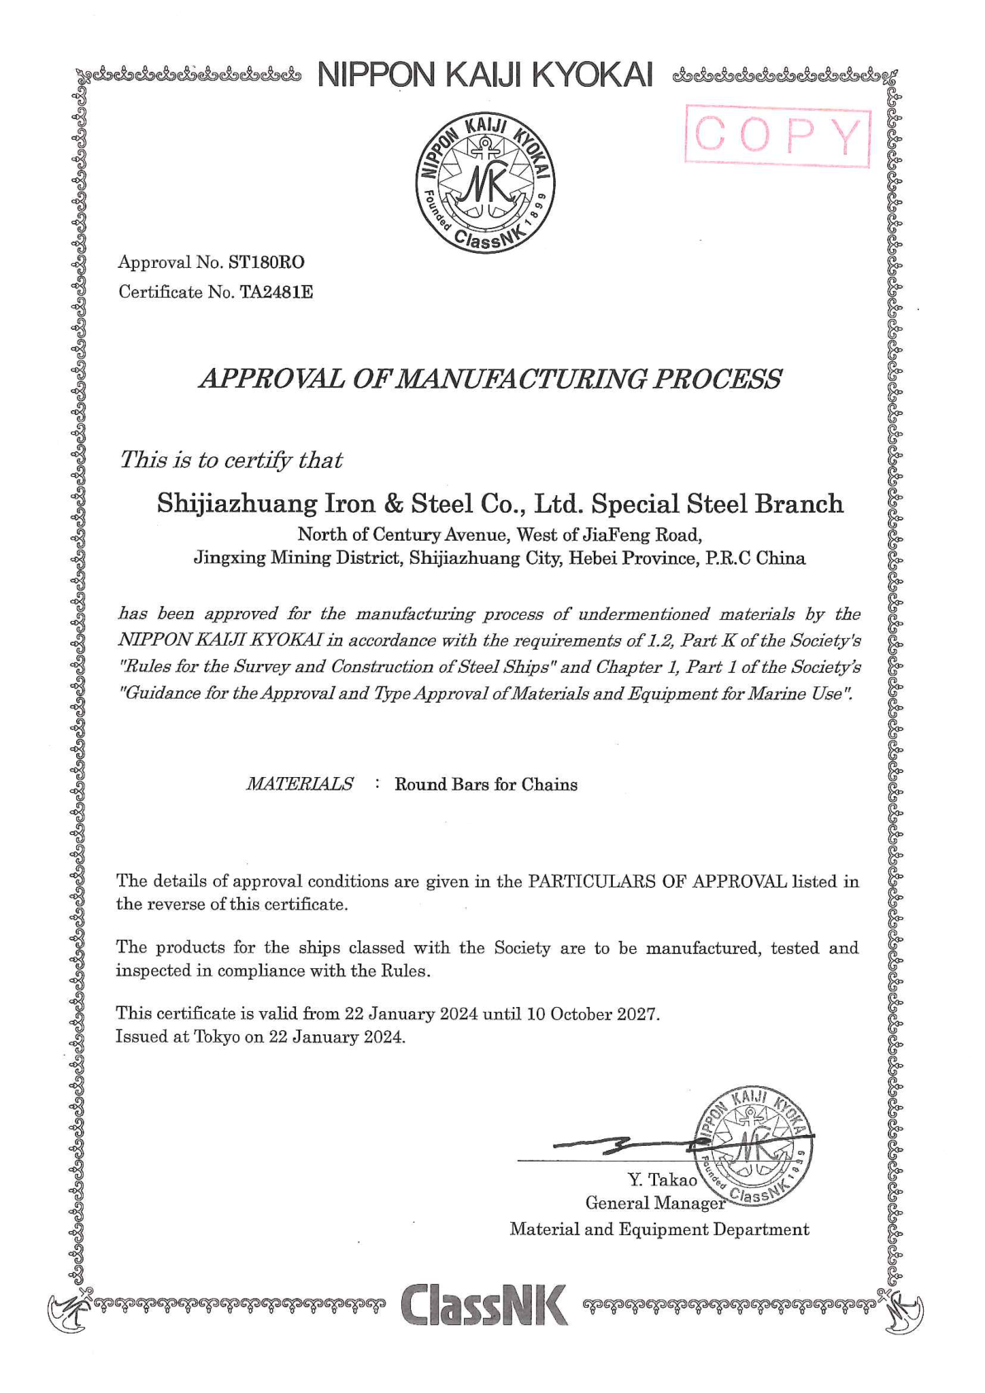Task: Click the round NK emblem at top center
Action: (x=485, y=181)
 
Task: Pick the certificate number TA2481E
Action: (x=276, y=292)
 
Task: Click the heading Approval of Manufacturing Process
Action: (x=490, y=379)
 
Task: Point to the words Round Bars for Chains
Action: (x=485, y=785)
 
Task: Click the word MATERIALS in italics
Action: (x=299, y=784)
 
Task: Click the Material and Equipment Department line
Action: (x=659, y=1229)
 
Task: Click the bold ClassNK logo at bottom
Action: (x=484, y=1304)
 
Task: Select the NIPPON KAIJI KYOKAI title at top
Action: (x=485, y=75)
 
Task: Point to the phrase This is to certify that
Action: (x=231, y=460)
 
